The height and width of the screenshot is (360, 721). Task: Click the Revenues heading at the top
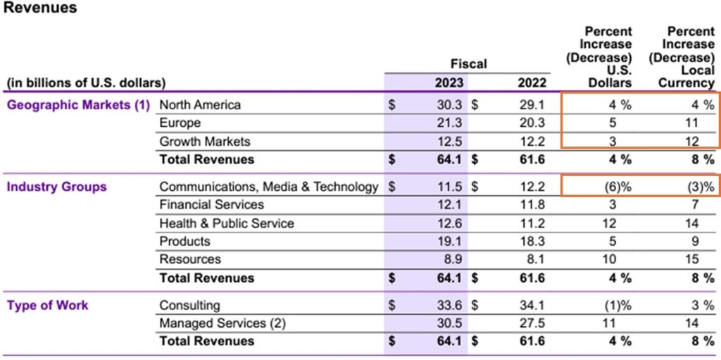(41, 9)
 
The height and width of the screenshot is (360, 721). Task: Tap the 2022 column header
(532, 82)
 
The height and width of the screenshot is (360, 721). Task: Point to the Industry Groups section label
(57, 187)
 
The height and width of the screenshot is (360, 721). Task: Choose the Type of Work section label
(48, 305)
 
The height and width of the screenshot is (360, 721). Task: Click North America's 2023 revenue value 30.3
(449, 105)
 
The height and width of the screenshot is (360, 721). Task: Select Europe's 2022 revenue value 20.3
(532, 123)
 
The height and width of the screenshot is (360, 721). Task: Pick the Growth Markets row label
(205, 142)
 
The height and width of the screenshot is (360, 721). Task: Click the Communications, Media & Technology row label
(269, 187)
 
